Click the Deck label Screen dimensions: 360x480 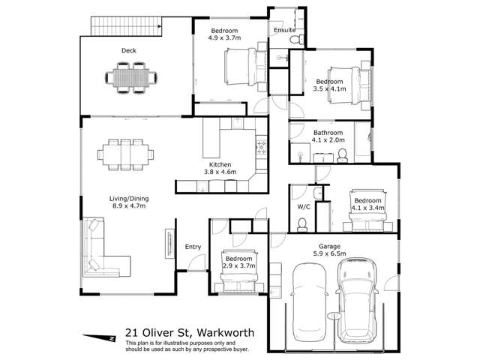(128, 50)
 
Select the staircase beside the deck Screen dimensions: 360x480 (126, 27)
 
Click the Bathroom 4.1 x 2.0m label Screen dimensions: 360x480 (328, 136)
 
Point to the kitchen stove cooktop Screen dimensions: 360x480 (262, 145)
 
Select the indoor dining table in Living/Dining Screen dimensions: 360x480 (126, 154)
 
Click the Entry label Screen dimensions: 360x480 (193, 246)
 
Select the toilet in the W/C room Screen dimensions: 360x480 (301, 223)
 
